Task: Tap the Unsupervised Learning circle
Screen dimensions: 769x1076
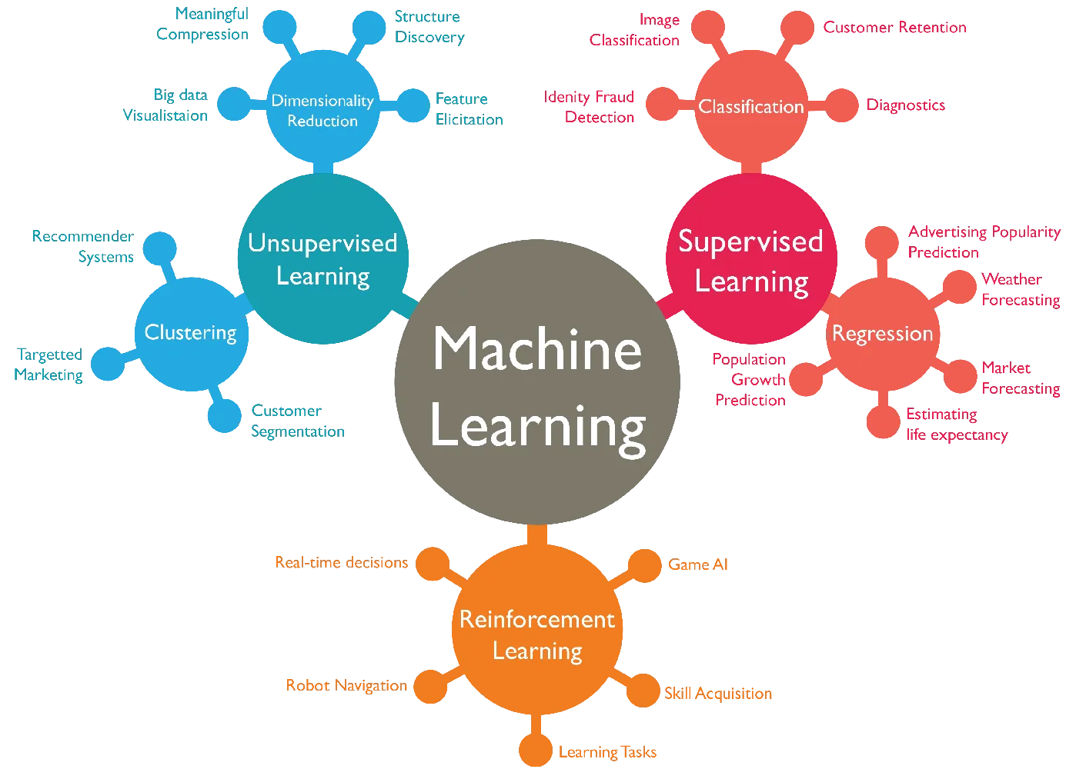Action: (322, 259)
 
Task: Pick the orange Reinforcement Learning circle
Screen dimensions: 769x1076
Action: (536, 634)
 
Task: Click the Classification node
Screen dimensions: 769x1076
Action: (750, 106)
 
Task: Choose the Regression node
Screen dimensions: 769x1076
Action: (882, 334)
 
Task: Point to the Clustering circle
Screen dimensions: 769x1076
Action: (191, 333)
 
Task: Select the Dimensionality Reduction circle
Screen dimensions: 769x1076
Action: (322, 110)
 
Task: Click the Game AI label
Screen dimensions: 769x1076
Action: (698, 564)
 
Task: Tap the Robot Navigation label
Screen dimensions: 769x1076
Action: (346, 685)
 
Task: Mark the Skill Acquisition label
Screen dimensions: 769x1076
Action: (718, 693)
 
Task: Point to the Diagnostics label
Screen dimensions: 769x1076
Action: (906, 105)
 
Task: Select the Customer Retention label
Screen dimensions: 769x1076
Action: (894, 28)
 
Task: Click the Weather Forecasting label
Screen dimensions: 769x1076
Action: (1021, 290)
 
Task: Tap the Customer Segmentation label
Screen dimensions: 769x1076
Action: (297, 421)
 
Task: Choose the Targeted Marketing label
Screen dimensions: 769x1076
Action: (49, 365)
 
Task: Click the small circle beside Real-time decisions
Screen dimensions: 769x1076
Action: (432, 563)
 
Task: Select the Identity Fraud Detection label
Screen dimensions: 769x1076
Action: (589, 107)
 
